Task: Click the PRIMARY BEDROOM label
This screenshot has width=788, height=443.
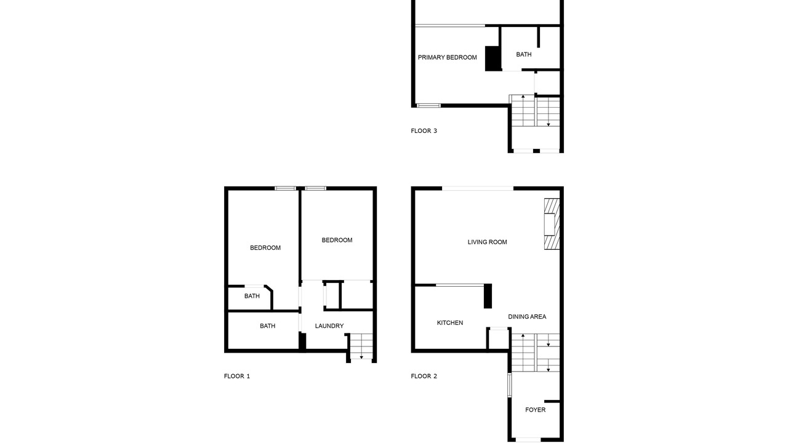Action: pos(447,57)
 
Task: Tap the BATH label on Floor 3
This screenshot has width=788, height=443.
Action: pos(524,55)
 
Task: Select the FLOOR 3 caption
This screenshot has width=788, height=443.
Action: pos(424,131)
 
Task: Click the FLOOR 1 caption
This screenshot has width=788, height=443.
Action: pos(237,376)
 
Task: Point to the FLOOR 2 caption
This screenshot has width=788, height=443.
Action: pos(424,376)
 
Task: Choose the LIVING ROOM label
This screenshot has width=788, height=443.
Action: pos(487,242)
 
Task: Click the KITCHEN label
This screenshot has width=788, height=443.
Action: pos(450,323)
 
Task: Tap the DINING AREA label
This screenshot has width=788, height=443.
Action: pos(527,317)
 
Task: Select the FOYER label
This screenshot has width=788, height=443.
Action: pos(536,410)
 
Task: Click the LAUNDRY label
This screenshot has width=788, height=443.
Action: pos(329,326)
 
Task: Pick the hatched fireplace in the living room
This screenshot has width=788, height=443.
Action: pos(552,224)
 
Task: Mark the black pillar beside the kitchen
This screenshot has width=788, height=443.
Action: pos(488,296)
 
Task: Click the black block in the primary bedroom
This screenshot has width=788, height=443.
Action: pos(493,58)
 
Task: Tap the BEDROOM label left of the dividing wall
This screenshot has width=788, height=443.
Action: pos(265,248)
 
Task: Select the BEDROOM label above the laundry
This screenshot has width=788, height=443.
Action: pos(337,240)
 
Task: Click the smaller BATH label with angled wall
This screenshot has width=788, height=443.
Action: pos(252,296)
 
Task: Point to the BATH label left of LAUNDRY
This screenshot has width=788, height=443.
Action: pos(267,326)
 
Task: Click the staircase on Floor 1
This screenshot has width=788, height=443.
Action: pos(361,346)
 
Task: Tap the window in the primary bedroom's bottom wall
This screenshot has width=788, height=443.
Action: pos(428,105)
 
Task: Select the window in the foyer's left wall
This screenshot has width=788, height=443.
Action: pos(509,385)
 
